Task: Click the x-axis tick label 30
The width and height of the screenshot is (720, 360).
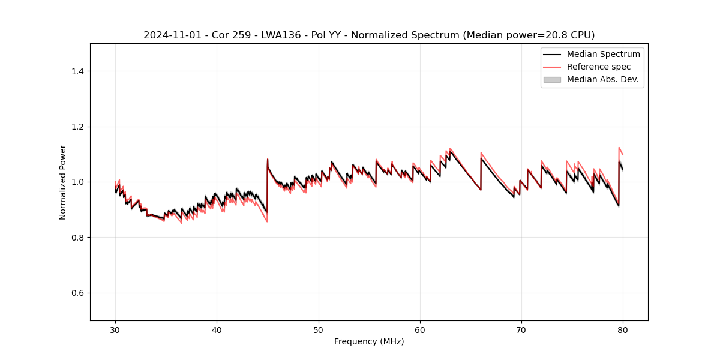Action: (x=115, y=330)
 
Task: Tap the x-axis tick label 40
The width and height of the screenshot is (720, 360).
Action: (x=217, y=330)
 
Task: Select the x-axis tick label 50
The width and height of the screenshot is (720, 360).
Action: (x=319, y=330)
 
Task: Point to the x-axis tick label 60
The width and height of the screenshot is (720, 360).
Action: (x=420, y=330)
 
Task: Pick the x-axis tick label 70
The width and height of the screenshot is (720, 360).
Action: (x=521, y=330)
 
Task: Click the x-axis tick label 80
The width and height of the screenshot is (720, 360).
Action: (x=623, y=330)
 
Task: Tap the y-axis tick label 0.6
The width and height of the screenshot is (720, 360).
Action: (x=77, y=293)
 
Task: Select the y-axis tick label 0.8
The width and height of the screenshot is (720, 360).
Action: (x=77, y=238)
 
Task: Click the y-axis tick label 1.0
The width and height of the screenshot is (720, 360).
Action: (x=77, y=182)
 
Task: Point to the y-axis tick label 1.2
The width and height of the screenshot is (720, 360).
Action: (x=77, y=127)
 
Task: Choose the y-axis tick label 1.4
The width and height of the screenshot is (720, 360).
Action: (x=77, y=71)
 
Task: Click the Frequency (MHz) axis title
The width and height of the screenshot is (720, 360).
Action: (x=369, y=342)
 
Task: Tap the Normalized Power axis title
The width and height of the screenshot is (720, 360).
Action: (x=63, y=182)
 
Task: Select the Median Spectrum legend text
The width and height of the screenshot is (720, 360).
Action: (x=603, y=55)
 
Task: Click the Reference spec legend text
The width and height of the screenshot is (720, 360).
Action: (x=598, y=67)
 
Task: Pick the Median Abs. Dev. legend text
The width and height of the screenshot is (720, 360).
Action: (x=602, y=79)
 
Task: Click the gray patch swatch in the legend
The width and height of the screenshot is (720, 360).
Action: (x=552, y=79)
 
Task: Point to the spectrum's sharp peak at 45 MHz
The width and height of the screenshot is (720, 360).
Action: (x=268, y=160)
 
